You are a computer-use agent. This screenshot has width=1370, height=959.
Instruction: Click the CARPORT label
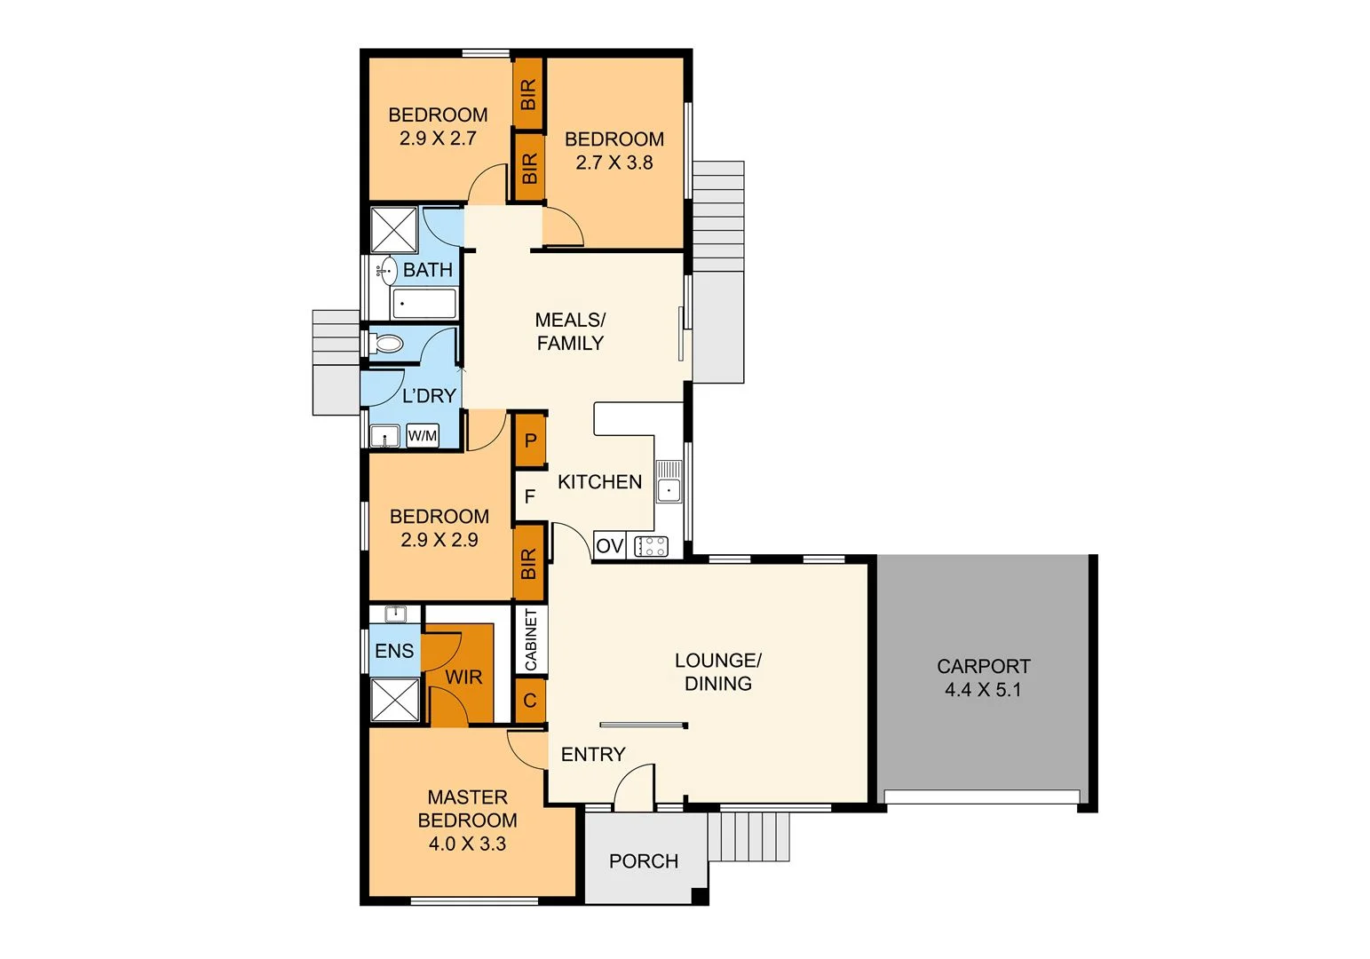coord(983,666)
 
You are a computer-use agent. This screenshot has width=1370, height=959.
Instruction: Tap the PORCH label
coord(643,860)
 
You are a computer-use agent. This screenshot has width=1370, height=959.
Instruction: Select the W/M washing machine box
coord(423,435)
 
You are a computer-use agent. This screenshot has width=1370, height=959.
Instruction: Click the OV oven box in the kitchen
coord(609,545)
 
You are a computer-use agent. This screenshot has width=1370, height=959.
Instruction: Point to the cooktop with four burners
coord(651,546)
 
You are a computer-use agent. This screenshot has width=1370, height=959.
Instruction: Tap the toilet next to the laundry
coord(387,343)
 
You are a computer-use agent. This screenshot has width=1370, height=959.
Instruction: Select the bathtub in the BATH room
coord(424,304)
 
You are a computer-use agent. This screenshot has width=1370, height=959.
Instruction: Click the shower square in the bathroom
coord(393,230)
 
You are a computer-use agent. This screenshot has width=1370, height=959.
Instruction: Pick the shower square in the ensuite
coord(394,700)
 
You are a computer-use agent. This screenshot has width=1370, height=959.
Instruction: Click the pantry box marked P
coord(530,440)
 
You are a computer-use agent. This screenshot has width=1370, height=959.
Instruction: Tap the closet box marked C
coord(530,701)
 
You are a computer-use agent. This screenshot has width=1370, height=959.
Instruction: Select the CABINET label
coord(531,639)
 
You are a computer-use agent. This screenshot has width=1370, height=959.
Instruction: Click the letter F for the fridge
coord(530,496)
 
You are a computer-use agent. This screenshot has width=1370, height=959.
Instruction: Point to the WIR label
coord(463,677)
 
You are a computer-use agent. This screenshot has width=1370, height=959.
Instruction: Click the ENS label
coord(394,651)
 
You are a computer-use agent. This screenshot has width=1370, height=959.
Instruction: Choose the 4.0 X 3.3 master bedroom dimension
coord(467,844)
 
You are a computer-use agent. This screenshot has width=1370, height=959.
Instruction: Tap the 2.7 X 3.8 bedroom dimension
coord(614,162)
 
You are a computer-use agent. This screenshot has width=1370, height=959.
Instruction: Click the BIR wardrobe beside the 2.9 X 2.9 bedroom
coord(529,563)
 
